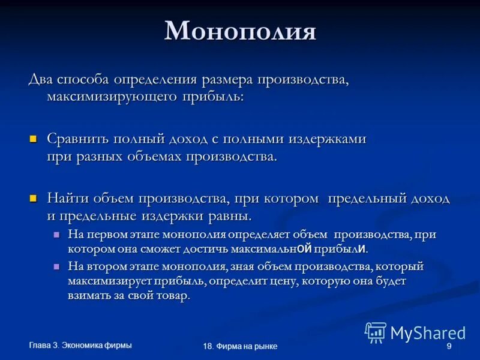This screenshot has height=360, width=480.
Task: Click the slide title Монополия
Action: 240,31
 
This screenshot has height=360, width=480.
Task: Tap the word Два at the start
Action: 40,80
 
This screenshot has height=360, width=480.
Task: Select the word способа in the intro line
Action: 85,80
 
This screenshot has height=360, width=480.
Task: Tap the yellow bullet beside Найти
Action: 34,197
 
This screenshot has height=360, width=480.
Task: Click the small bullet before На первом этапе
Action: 57,234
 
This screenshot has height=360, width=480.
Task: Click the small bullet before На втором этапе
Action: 57,265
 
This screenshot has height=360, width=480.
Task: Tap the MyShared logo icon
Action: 376,332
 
